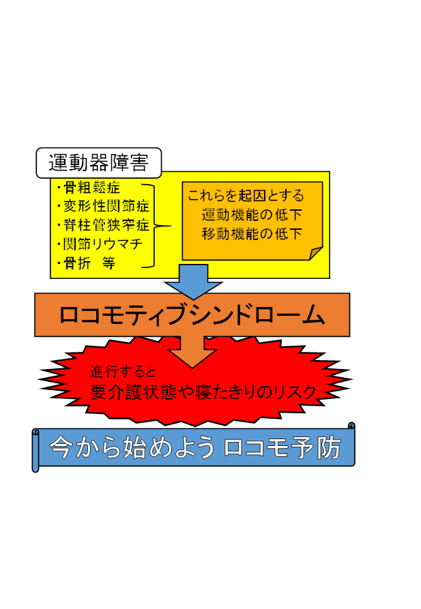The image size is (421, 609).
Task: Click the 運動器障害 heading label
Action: (x=98, y=163)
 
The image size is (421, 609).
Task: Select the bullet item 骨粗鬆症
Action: (x=89, y=188)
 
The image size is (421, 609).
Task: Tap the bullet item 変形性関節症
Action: (x=103, y=206)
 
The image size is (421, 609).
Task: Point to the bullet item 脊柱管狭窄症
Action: (x=103, y=225)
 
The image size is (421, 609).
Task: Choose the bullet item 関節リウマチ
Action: (x=100, y=244)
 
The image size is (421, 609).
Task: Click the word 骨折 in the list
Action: (x=77, y=263)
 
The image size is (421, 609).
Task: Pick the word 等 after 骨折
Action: (x=109, y=263)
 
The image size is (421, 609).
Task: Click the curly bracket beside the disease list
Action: (x=154, y=226)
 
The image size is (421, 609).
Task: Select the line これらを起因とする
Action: (x=246, y=195)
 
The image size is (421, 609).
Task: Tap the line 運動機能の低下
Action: (x=252, y=214)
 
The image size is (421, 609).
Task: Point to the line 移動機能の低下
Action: (x=252, y=233)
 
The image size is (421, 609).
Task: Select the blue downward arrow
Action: (x=193, y=282)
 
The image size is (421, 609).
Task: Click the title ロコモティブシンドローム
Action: (x=192, y=314)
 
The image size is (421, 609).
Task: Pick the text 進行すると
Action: (x=123, y=372)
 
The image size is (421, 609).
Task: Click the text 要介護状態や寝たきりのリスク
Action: (x=203, y=392)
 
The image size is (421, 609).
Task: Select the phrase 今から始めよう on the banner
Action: (x=132, y=447)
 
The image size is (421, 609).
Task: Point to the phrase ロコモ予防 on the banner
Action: (x=282, y=447)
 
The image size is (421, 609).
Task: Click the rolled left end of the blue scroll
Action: (x=35, y=451)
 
